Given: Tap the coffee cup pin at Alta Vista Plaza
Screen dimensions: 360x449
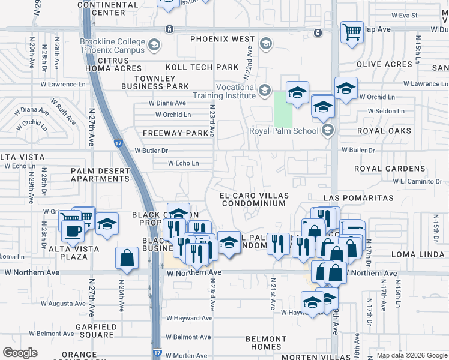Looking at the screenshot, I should click(x=73, y=231).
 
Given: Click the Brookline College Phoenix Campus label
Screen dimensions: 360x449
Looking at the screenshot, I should click(x=112, y=46).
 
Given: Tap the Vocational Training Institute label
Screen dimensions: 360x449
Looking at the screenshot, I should click(x=223, y=91).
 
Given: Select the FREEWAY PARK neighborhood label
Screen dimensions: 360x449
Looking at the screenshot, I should click(x=170, y=133).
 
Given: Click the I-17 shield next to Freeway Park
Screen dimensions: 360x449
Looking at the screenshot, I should click(x=118, y=143).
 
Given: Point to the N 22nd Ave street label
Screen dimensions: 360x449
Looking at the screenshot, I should click(x=246, y=64).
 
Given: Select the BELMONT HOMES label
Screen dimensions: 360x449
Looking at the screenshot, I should click(x=266, y=343).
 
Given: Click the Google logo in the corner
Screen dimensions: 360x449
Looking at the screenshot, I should click(x=20, y=353).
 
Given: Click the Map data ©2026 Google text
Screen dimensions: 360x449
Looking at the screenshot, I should click(x=412, y=355).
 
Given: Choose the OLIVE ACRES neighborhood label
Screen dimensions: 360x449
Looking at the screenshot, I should click(x=384, y=64).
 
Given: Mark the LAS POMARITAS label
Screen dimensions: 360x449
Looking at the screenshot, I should click(x=358, y=197).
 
